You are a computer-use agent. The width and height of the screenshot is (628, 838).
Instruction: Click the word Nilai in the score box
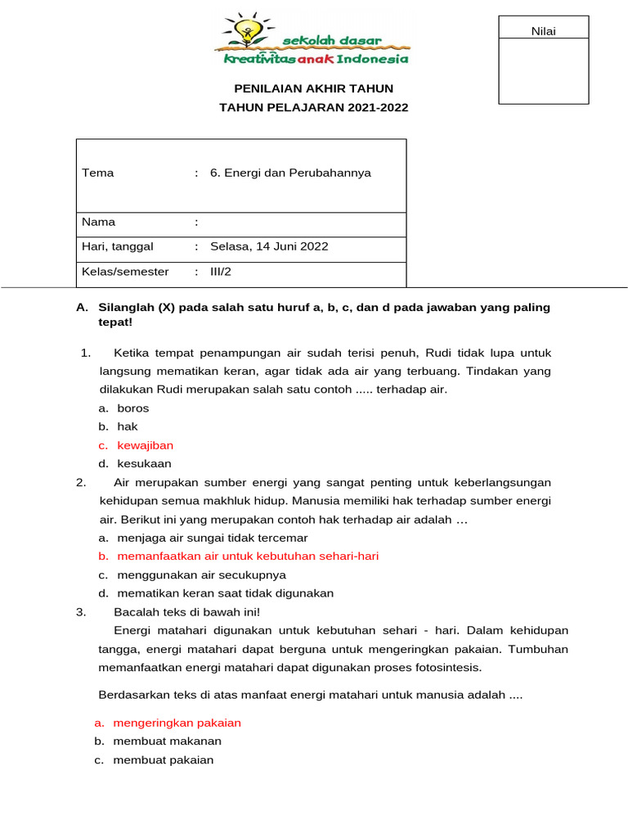pos(543,31)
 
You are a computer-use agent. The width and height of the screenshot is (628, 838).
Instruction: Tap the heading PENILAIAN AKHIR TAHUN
pos(314,88)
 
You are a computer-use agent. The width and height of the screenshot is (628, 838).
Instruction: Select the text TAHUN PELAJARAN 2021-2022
pos(314,107)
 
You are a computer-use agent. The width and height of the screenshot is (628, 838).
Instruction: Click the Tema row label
pos(98,173)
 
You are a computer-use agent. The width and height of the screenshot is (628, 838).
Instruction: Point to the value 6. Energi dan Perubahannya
pos(290,173)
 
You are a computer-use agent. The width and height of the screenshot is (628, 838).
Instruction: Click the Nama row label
pos(99,222)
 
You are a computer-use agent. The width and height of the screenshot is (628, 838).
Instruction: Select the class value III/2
pos(221,272)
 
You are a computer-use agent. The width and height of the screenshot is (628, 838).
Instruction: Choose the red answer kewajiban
pos(145,445)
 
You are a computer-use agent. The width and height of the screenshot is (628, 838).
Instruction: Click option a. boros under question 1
pos(132,408)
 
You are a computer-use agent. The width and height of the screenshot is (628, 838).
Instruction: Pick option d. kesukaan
pos(144,463)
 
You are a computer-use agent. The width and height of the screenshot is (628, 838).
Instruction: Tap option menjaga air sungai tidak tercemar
pos(213,538)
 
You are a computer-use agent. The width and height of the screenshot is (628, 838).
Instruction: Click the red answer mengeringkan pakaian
pos(177,723)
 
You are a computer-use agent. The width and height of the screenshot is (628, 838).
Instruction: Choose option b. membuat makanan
pos(167,741)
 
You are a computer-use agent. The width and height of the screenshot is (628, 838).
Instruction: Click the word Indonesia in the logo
pos(377,58)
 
